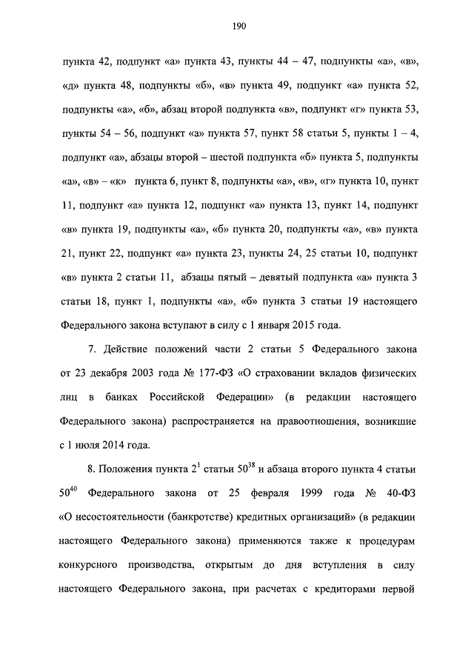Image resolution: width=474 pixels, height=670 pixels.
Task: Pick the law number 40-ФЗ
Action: click(398, 493)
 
